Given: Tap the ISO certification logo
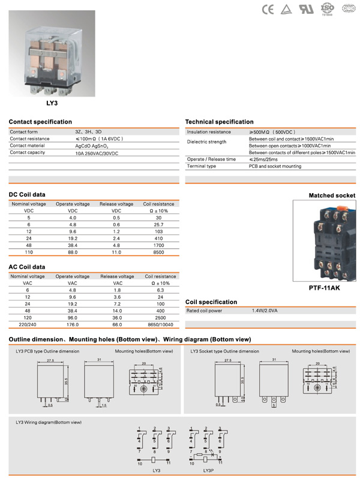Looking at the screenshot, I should coord(328,8).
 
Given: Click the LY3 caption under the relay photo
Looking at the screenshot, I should coord(52,103).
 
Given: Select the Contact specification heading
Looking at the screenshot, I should coord(40,122).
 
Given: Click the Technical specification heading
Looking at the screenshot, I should coord(220,122).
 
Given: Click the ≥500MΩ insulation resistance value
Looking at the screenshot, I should coord(272,131).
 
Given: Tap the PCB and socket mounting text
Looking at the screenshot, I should coord(275,166).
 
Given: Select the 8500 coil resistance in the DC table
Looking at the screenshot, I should coord(159,252).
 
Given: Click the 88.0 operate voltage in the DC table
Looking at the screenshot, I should coord(73,252).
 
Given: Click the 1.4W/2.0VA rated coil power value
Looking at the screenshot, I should coord(263,311).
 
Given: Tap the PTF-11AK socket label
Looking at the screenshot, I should coord(324,287).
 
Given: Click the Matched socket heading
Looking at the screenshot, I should coord(332,196).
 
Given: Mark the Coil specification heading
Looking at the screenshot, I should coord(211,302).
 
